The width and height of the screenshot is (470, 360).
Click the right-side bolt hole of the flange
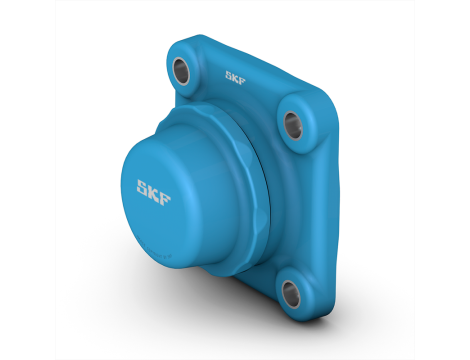pyautogui.click(x=294, y=123)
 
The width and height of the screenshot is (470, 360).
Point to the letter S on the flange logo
pyautogui.click(x=230, y=73)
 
